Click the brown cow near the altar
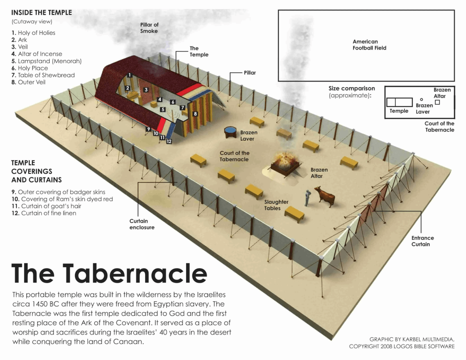click(x=324, y=195)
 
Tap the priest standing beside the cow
click(x=308, y=197)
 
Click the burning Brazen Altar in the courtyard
click(x=285, y=162)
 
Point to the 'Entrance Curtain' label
click(x=423, y=241)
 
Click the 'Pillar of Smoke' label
click(x=149, y=28)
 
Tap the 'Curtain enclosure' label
click(x=142, y=224)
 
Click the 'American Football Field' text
click(x=369, y=45)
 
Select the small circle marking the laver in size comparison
click(x=421, y=99)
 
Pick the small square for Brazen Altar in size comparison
click(x=437, y=102)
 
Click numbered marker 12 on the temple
click(x=169, y=142)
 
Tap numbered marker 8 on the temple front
click(x=195, y=114)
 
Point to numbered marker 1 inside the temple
click(x=130, y=75)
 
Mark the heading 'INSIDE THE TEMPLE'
click(x=42, y=12)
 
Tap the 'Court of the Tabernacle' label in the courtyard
click(x=234, y=156)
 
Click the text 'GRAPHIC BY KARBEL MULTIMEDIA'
click(x=411, y=339)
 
